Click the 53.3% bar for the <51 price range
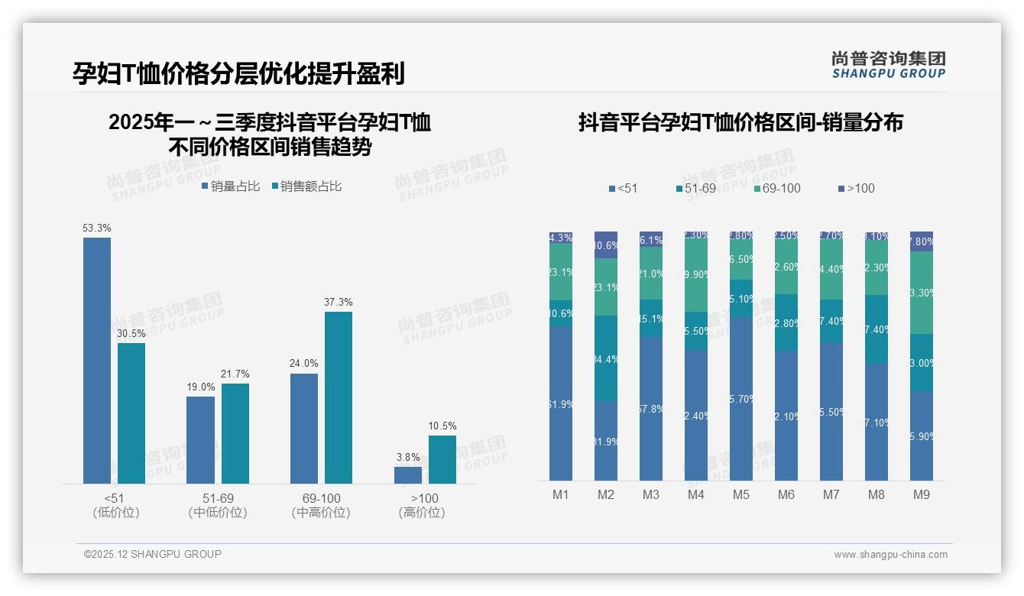[97, 360]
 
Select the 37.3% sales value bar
[339, 397]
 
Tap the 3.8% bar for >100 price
[408, 475]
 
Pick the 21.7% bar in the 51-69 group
[235, 433]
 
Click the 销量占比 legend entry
[231, 186]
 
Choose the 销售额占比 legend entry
[306, 186]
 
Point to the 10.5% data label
[442, 426]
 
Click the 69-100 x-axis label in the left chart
[321, 498]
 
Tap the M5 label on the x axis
[741, 494]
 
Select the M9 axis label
[922, 494]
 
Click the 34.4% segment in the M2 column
[606, 358]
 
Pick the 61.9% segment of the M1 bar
[561, 403]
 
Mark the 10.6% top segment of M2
[606, 245]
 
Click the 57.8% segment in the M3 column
[651, 409]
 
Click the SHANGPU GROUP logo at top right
[889, 65]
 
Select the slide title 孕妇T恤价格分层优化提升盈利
[238, 73]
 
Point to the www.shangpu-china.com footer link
[890, 555]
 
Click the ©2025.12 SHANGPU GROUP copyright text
[153, 554]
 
